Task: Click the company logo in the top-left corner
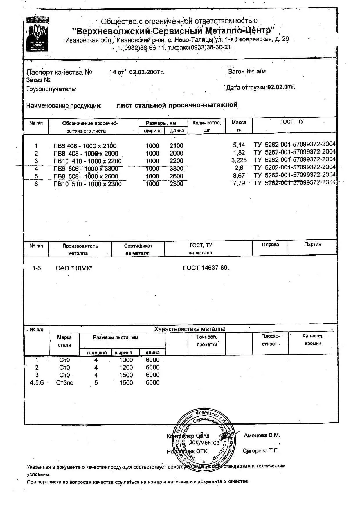[x=37, y=34]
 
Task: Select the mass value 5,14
[x=239, y=145]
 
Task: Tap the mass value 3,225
[x=239, y=160]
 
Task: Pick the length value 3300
[x=176, y=169]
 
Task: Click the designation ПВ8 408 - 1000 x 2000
[x=86, y=154]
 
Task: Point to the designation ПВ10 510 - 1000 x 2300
[x=87, y=184]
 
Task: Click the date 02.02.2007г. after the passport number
[x=147, y=72]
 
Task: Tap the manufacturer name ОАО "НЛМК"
[x=74, y=268]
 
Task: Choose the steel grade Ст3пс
[x=64, y=383]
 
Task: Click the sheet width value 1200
[x=126, y=367]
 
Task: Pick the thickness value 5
[x=96, y=383]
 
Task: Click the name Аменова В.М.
[x=262, y=435]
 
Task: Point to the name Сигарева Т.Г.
[x=261, y=451]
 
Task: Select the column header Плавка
[x=270, y=245]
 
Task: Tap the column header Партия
[x=312, y=244]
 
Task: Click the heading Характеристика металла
[x=190, y=329]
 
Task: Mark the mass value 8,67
[x=239, y=176]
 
